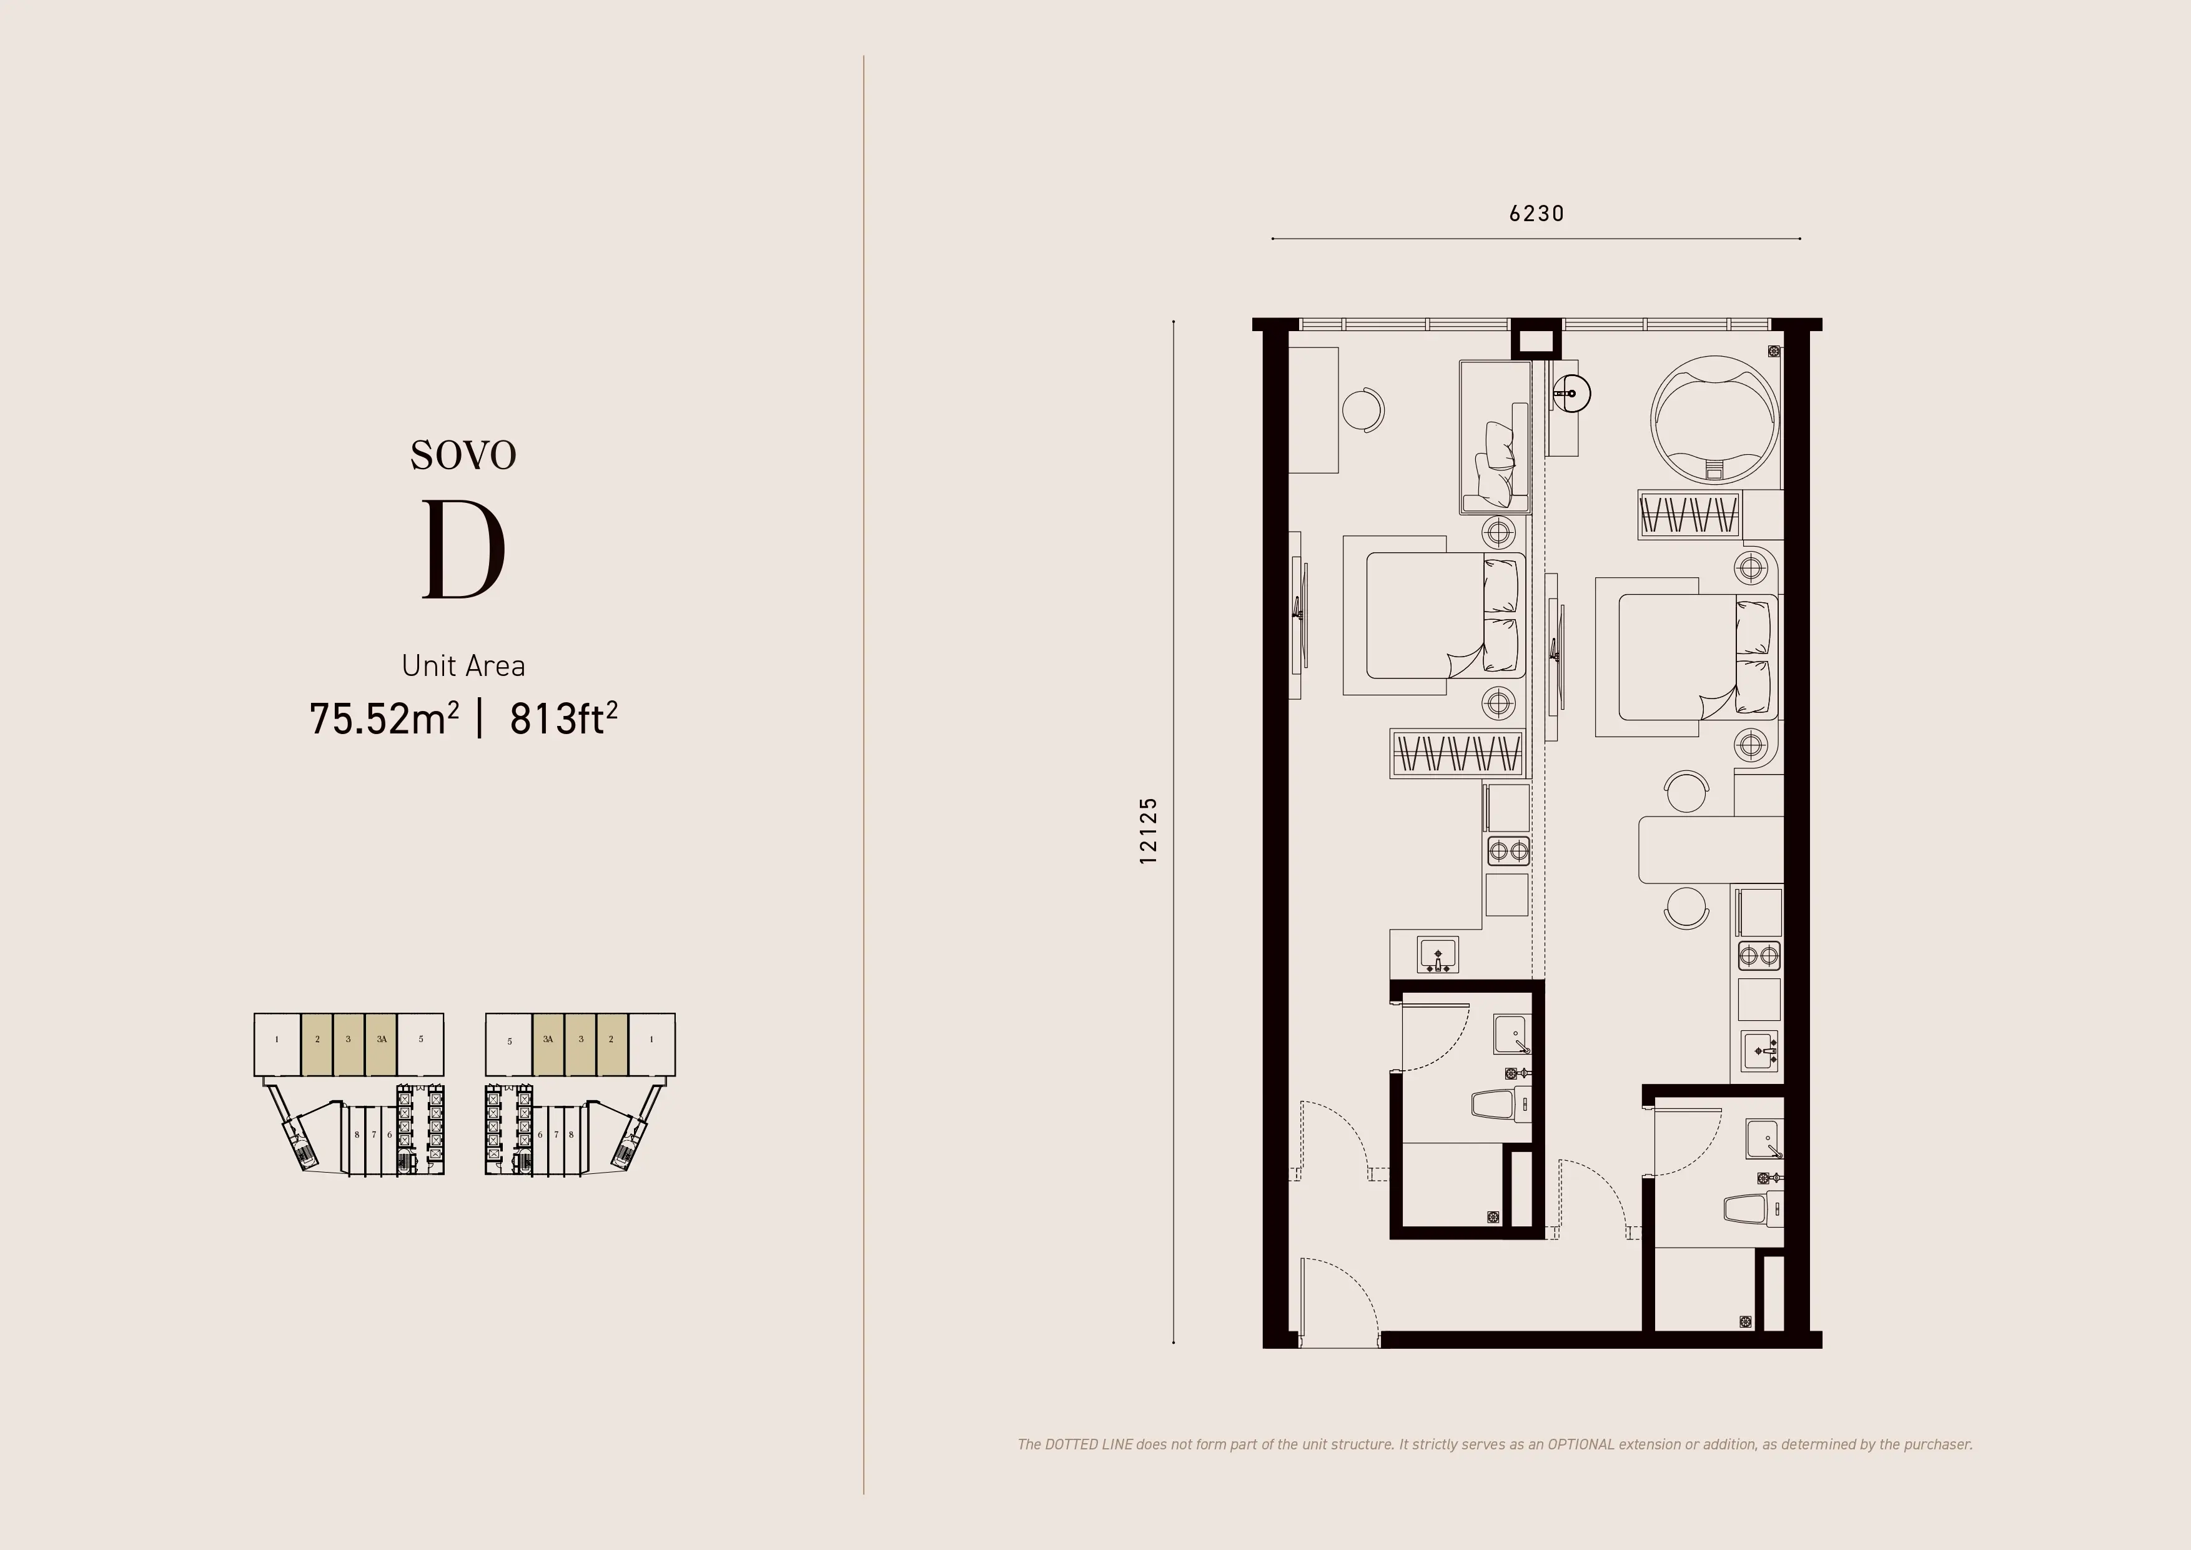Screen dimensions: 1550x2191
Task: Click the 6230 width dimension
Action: click(x=1536, y=213)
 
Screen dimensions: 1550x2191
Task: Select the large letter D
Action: click(x=464, y=550)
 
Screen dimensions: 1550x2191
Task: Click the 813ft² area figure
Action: click(x=563, y=718)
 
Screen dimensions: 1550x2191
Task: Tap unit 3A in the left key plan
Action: click(x=382, y=1040)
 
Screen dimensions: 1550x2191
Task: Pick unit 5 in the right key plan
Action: click(x=510, y=1041)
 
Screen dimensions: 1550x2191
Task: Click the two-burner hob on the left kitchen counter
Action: click(x=1508, y=850)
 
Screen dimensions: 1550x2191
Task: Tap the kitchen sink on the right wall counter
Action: click(x=1759, y=1052)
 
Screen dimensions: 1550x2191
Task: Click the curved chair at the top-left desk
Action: click(x=1365, y=409)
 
